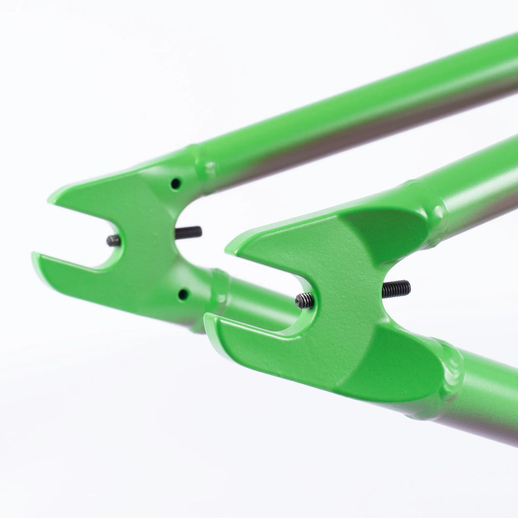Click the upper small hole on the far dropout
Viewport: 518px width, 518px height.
click(176, 183)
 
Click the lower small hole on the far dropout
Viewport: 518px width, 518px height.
click(183, 294)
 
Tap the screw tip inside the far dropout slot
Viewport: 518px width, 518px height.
click(114, 240)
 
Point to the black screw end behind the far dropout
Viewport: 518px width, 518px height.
click(188, 233)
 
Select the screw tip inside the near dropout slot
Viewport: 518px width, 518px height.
click(305, 301)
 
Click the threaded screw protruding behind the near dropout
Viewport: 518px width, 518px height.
click(396, 289)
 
